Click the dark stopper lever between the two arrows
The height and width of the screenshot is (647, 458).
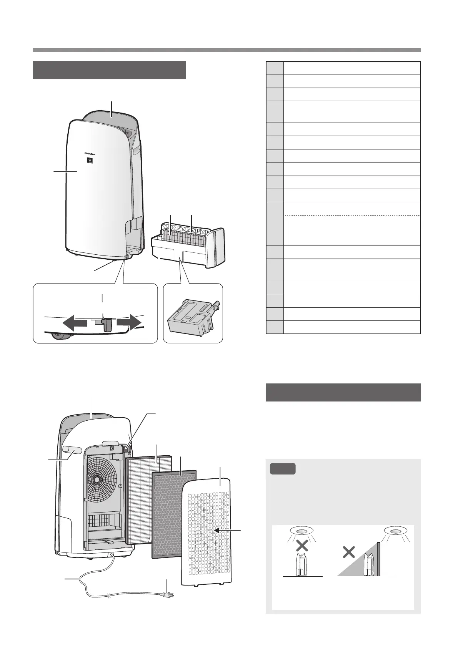[108, 324]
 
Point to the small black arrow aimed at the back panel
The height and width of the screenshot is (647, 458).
[219, 530]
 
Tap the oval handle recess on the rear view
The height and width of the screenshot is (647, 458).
[72, 450]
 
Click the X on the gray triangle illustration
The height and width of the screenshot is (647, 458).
[348, 553]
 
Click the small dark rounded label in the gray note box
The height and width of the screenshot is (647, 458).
[283, 469]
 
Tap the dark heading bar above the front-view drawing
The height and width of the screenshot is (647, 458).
[109, 70]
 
